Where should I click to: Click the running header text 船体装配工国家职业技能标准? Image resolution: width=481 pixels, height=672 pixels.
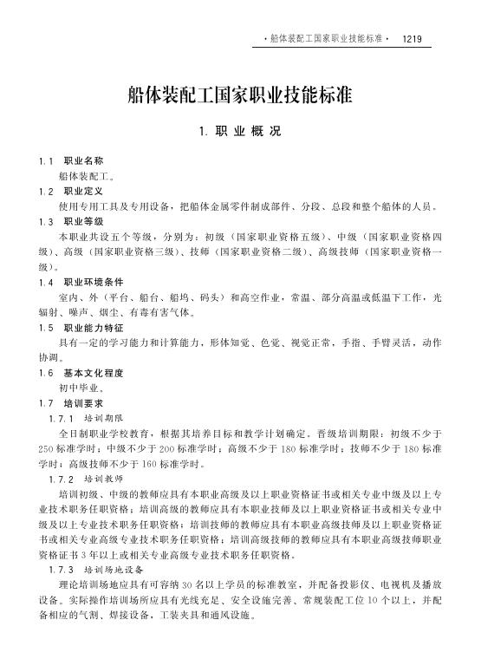click(326, 39)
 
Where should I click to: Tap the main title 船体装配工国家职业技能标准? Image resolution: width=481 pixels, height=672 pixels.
click(239, 95)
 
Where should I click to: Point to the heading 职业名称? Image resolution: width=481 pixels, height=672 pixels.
click(84, 161)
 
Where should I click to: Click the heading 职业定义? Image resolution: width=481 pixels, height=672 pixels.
click(84, 191)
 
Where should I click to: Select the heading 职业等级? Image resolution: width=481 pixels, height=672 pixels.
click(84, 221)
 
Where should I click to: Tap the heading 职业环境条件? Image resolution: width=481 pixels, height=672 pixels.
click(89, 282)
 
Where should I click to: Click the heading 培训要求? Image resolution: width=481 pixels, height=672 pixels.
click(84, 403)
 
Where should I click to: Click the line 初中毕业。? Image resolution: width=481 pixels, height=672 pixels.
click(82, 388)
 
